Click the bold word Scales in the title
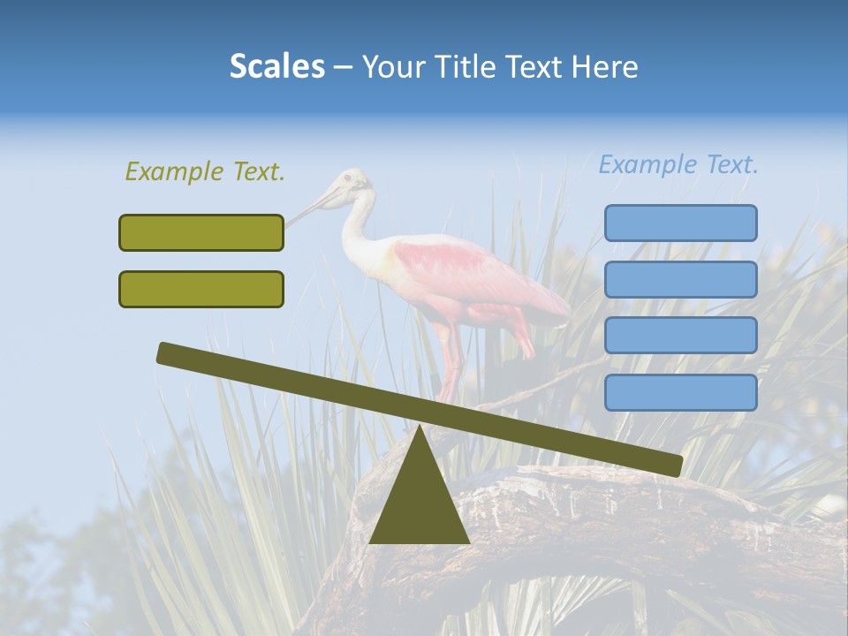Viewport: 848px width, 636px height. (276, 66)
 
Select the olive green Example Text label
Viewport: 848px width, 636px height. (205, 172)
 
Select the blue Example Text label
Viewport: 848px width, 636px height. (678, 164)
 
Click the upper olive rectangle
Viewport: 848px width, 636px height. (201, 232)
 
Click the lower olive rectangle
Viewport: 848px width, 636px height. (201, 289)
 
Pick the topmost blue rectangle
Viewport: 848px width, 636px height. (680, 223)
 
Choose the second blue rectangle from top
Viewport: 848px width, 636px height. (680, 279)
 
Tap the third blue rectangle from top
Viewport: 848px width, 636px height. (680, 336)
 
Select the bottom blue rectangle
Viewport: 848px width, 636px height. (680, 392)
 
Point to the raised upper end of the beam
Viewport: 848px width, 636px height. (168, 353)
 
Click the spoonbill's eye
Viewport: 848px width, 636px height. (348, 179)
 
